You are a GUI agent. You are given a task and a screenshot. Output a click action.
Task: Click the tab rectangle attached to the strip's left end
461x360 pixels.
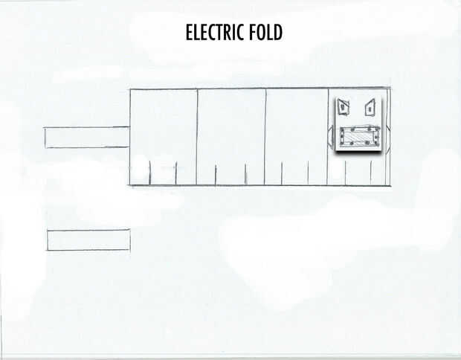pyautogui.click(x=87, y=138)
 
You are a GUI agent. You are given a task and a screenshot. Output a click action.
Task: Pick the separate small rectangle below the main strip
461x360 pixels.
pyautogui.click(x=88, y=240)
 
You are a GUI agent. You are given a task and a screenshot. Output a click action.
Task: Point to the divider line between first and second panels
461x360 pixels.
pyautogui.click(x=197, y=134)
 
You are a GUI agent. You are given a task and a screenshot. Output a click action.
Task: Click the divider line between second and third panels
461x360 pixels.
pyautogui.click(x=265, y=134)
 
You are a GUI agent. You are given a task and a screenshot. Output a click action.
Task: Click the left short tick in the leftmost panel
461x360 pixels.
pyautogui.click(x=150, y=173)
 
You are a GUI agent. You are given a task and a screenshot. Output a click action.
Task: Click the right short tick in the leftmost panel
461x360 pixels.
pyautogui.click(x=175, y=173)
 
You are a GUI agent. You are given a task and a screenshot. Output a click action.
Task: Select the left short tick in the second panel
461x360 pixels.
pyautogui.click(x=216, y=175)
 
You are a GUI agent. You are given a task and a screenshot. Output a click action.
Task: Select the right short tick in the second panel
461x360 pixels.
pyautogui.click(x=245, y=174)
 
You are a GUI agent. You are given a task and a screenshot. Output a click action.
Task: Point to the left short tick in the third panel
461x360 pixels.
pyautogui.click(x=282, y=173)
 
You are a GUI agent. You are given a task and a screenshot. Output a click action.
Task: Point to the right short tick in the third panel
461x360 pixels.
pyautogui.click(x=308, y=173)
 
